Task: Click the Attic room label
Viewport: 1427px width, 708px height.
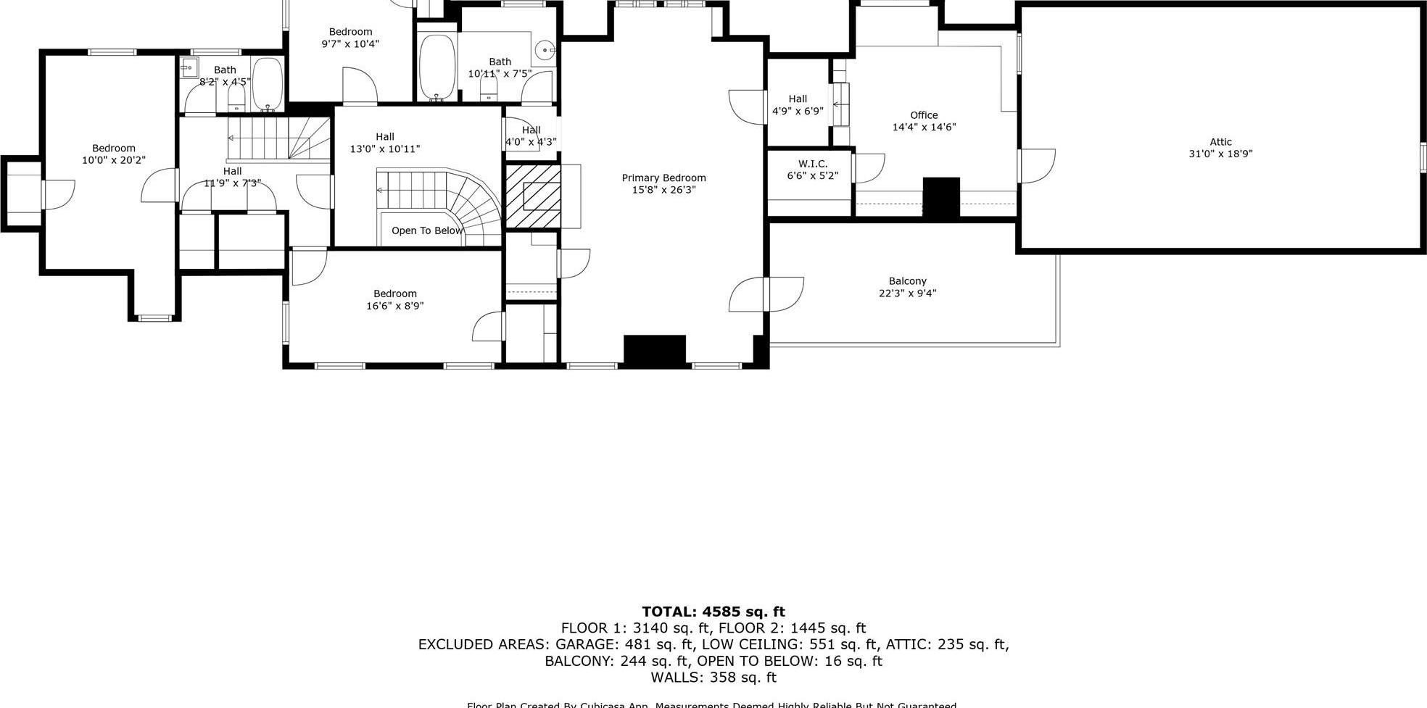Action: click(1220, 142)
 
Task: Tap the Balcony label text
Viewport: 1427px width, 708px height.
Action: click(907, 281)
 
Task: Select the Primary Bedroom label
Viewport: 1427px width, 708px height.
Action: click(663, 178)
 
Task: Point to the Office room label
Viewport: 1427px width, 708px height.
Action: click(924, 115)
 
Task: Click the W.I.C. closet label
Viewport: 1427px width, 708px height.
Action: click(812, 164)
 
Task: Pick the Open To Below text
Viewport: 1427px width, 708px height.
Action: click(426, 230)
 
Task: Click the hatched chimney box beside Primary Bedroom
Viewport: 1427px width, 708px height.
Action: click(533, 196)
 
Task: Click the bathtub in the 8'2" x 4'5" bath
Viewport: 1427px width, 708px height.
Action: click(268, 85)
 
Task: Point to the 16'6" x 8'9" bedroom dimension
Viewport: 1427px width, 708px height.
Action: click(394, 306)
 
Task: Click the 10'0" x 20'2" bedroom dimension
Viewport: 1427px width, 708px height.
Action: click(113, 160)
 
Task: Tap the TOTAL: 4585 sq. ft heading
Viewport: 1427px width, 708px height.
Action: click(713, 612)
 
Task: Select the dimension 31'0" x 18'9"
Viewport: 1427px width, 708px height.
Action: click(1220, 154)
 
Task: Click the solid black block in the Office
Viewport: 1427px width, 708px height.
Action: click(940, 198)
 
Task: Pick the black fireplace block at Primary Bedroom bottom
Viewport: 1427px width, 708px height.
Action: click(655, 351)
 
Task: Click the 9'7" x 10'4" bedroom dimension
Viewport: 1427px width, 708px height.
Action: click(350, 43)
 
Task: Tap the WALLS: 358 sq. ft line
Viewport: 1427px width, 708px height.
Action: click(713, 678)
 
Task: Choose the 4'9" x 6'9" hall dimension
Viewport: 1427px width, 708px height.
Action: click(798, 112)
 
